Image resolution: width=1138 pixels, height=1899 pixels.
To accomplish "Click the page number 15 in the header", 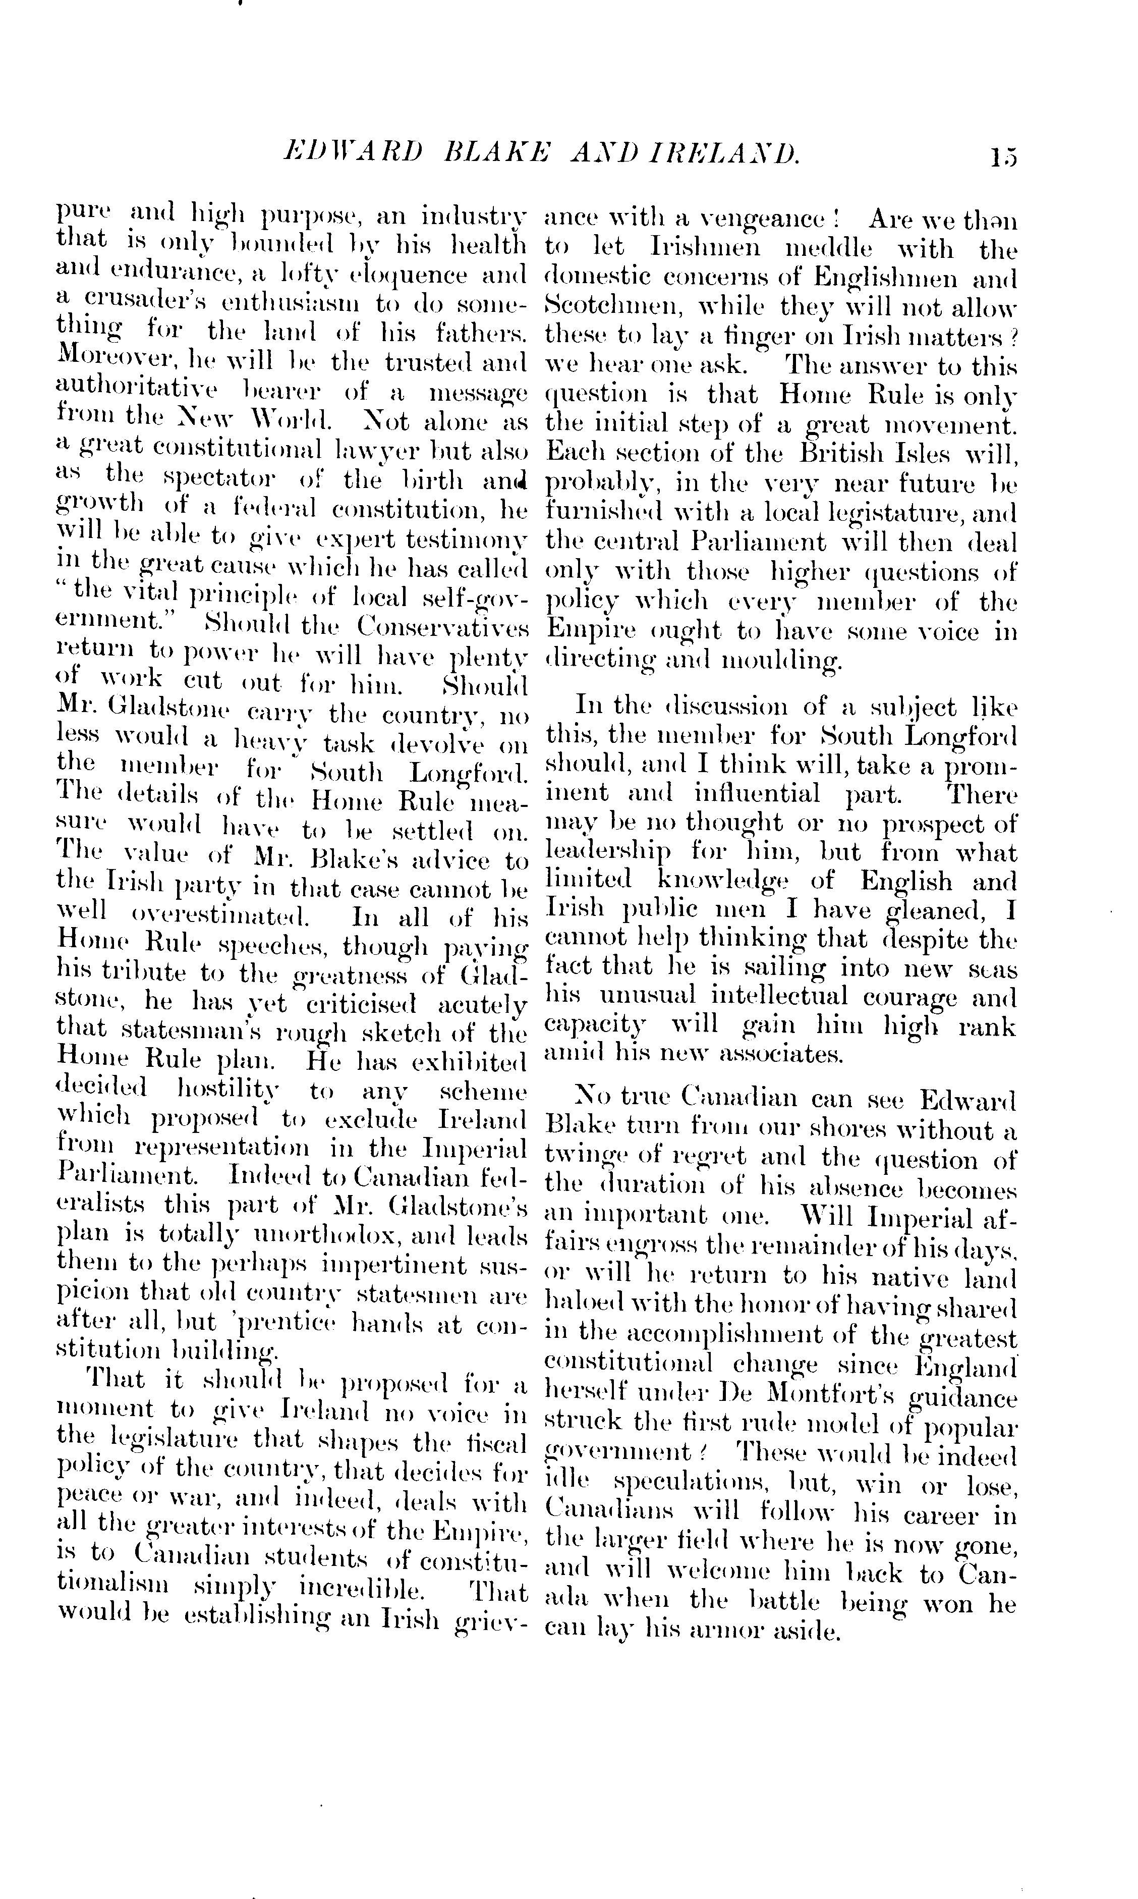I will [1002, 156].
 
